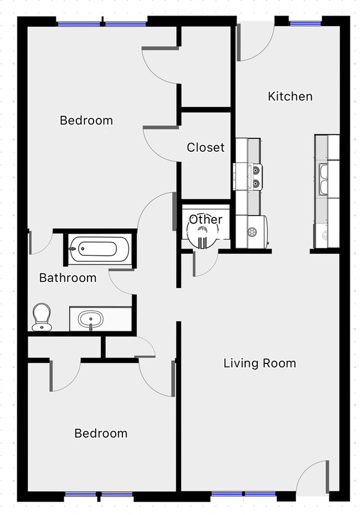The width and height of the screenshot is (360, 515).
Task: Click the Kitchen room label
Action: pyautogui.click(x=290, y=96)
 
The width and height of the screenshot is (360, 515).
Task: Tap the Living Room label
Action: pyautogui.click(x=259, y=363)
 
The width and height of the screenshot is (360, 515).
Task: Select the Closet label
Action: pyautogui.click(x=205, y=147)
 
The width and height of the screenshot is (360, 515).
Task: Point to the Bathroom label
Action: pyautogui.click(x=68, y=278)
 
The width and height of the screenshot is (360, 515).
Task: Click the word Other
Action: pyautogui.click(x=205, y=219)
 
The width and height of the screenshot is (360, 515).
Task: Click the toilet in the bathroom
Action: pyautogui.click(x=42, y=317)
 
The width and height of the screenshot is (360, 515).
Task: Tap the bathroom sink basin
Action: pyautogui.click(x=90, y=320)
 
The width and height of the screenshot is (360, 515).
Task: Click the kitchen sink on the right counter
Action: pyautogui.click(x=323, y=179)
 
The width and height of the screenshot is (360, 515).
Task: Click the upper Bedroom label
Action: pyautogui.click(x=86, y=120)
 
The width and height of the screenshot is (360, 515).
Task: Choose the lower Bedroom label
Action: pyautogui.click(x=101, y=433)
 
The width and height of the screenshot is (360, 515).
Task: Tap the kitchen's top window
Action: pyautogui.click(x=305, y=23)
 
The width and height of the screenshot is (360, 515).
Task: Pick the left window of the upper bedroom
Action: pyautogui.click(x=78, y=24)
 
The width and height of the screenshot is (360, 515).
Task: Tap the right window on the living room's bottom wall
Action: pyautogui.click(x=260, y=493)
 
